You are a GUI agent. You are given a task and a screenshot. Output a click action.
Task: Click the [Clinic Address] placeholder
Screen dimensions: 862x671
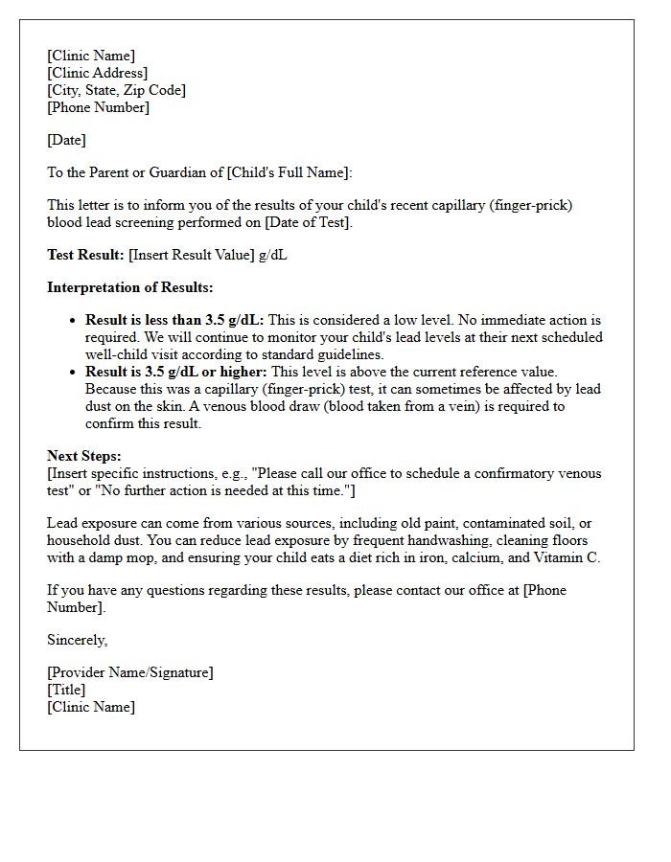tap(97, 73)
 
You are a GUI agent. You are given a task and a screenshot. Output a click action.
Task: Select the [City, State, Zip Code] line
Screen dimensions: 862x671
tap(116, 90)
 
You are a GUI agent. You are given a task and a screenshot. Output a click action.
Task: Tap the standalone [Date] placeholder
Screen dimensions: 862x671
tap(66, 140)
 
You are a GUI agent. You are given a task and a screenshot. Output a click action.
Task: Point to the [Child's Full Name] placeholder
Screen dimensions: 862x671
tap(287, 172)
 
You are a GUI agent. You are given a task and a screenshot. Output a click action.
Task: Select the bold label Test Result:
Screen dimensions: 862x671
tap(85, 255)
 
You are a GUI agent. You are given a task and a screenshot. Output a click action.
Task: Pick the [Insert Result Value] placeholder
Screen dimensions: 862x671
tap(192, 255)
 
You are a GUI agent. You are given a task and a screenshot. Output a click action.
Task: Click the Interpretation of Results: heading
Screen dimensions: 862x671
tap(130, 287)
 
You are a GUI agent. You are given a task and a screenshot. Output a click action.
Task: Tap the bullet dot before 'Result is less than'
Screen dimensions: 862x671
tap(74, 321)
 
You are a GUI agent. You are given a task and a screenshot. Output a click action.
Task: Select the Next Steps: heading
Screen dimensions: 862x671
tap(84, 456)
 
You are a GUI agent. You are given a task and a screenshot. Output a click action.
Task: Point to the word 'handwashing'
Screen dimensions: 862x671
tap(397, 540)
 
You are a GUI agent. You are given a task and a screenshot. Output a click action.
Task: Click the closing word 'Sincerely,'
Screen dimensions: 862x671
tap(78, 640)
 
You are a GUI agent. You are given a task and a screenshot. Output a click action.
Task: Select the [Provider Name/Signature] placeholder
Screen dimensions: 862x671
tap(130, 672)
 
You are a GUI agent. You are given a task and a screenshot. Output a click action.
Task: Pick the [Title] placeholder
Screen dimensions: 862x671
tap(66, 690)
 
